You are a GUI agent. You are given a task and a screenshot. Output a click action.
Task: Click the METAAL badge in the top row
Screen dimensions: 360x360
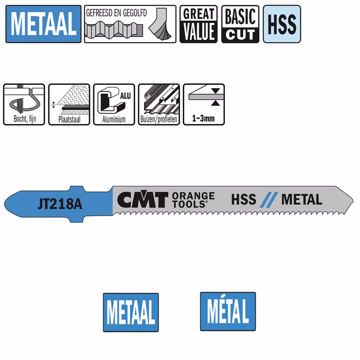point(44,24)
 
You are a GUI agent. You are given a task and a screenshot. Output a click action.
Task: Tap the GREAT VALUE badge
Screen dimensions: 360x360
point(198,24)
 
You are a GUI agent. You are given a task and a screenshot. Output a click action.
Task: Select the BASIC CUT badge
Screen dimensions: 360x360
point(240,24)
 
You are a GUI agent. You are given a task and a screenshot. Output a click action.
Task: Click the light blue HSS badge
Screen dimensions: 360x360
point(282,24)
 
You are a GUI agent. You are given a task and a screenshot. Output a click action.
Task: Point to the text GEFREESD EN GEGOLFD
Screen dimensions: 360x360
point(116,13)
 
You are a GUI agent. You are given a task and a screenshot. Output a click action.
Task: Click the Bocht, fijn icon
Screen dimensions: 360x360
point(24,105)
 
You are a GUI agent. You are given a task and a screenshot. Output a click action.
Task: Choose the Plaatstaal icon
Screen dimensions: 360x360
point(69,105)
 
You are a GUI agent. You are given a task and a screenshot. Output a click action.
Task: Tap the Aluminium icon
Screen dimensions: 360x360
point(114,105)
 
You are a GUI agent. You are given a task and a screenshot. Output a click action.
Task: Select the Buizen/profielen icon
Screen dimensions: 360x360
point(159,105)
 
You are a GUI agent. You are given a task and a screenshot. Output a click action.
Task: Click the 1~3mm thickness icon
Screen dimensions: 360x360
point(204,105)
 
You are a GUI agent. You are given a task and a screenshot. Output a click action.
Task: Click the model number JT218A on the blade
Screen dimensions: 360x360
point(60,204)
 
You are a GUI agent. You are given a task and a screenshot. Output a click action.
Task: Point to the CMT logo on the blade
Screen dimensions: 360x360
point(142,199)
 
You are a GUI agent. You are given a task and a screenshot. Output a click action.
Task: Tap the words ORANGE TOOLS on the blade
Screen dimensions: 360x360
point(193,200)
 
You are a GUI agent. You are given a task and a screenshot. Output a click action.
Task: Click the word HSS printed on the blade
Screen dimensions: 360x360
point(244,199)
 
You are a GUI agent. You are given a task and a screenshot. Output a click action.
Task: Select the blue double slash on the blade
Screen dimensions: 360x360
point(269,200)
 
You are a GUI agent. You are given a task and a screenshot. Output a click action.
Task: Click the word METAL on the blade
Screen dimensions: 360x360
point(302,199)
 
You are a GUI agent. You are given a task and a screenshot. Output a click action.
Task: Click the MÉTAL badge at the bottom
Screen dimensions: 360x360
point(228,311)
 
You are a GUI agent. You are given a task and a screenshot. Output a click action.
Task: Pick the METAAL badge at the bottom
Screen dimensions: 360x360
point(131,312)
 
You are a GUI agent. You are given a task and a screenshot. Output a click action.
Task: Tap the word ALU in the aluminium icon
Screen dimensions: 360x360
point(126,96)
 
